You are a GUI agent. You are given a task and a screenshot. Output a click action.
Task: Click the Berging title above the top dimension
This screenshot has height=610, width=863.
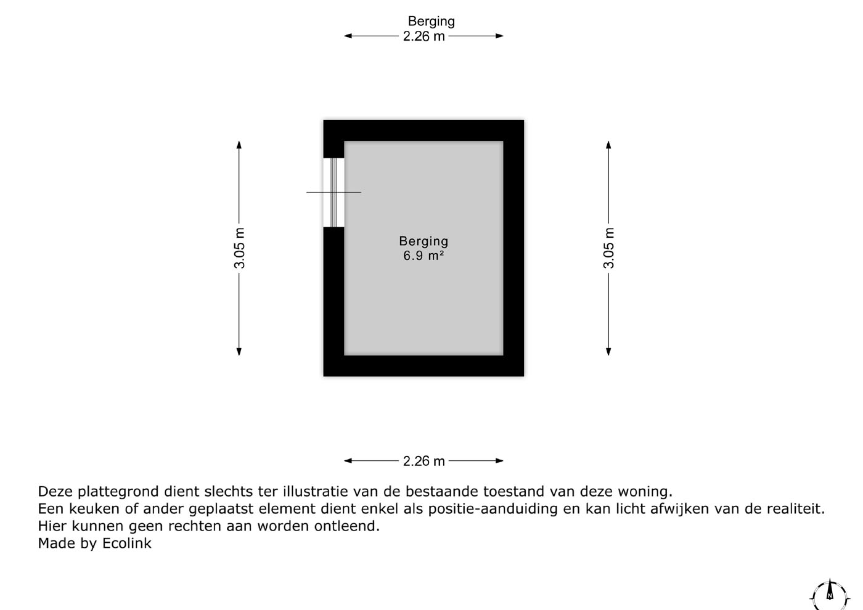pyautogui.click(x=431, y=22)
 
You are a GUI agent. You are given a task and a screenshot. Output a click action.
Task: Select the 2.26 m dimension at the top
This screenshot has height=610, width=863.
pyautogui.click(x=424, y=36)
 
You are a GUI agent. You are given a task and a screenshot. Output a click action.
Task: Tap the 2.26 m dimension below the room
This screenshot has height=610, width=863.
pyautogui.click(x=424, y=461)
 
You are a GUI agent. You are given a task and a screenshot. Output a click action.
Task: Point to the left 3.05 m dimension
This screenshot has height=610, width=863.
pyautogui.click(x=239, y=248)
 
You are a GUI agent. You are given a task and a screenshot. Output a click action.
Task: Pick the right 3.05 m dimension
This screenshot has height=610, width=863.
pyautogui.click(x=609, y=248)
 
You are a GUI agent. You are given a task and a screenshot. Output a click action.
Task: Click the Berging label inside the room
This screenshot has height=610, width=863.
pyautogui.click(x=423, y=242)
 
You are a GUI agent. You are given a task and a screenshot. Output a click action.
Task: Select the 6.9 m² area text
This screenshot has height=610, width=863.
pyautogui.click(x=423, y=255)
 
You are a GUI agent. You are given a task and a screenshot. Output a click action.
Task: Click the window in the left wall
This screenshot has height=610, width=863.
pyautogui.click(x=333, y=192)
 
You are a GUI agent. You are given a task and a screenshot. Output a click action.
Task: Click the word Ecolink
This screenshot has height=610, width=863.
pyautogui.click(x=127, y=543)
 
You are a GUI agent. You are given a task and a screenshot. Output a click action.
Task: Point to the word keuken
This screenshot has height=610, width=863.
pyautogui.click(x=94, y=509)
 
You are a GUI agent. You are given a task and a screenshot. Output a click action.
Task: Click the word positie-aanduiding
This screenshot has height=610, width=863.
pyautogui.click(x=493, y=509)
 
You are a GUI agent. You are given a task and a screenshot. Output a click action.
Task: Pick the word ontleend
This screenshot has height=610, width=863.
pyautogui.click(x=346, y=526)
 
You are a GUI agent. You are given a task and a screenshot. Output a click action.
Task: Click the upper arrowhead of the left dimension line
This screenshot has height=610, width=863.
pyautogui.click(x=239, y=144)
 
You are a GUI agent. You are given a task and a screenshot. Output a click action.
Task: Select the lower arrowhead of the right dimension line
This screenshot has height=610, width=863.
pyautogui.click(x=608, y=352)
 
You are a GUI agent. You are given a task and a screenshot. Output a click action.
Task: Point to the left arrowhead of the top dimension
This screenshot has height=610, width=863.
pyautogui.click(x=348, y=36)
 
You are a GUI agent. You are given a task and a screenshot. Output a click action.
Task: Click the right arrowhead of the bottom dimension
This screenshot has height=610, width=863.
pyautogui.click(x=499, y=461)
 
